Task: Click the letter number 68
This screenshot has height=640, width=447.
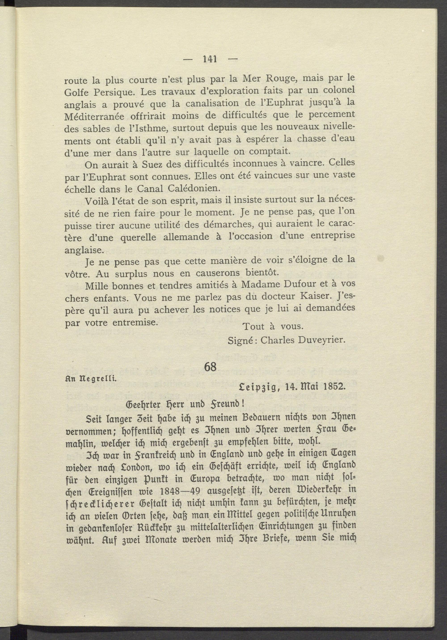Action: coord(210,367)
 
